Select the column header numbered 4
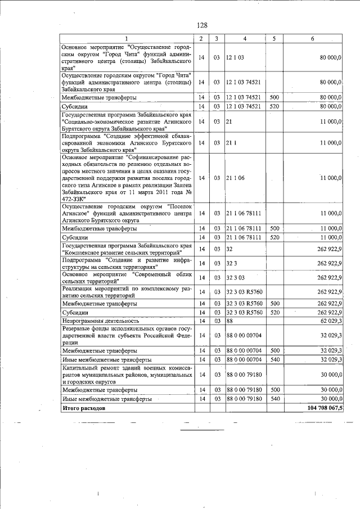[245, 38]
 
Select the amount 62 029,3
[331, 321]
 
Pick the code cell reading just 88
[229, 321]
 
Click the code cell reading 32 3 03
[235, 277]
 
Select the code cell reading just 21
[229, 121]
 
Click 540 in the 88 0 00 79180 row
[274, 399]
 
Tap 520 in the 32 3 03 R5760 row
[274, 312]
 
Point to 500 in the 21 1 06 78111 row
[274, 229]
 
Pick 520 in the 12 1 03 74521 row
[274, 106]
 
